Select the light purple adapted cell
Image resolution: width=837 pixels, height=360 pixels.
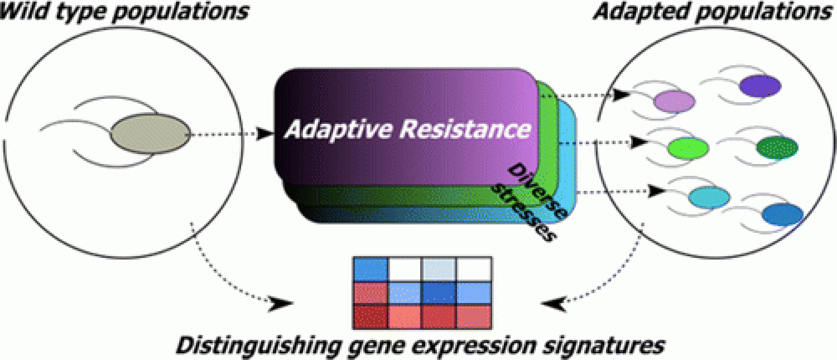pyautogui.click(x=674, y=100)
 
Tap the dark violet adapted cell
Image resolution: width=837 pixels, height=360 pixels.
pyautogui.click(x=759, y=85)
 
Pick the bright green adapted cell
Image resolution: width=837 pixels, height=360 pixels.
pyautogui.click(x=688, y=147)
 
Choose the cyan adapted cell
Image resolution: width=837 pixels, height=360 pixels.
pyautogui.click(x=709, y=196)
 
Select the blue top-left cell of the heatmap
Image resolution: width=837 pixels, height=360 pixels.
pyautogui.click(x=371, y=269)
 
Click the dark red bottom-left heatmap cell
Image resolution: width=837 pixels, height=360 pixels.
pyautogui.click(x=371, y=316)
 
